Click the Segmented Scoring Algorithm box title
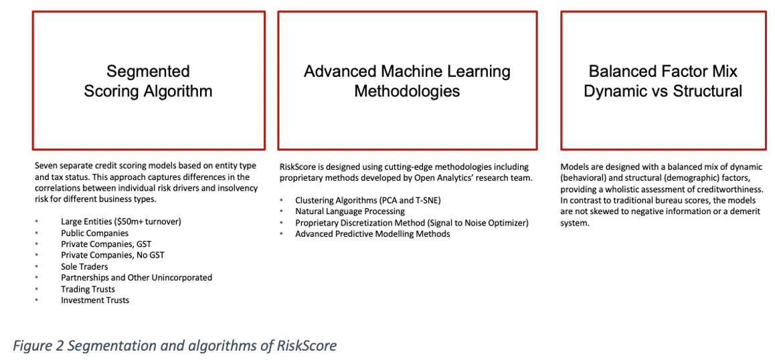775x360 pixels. click(x=149, y=81)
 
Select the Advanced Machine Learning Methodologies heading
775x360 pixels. click(x=408, y=81)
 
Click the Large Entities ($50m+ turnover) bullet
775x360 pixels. click(x=121, y=221)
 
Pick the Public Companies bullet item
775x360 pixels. click(x=95, y=233)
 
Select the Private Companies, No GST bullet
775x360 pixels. click(x=112, y=255)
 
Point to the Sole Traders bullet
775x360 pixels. click(x=84, y=266)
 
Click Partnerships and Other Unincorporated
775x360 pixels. click(x=137, y=278)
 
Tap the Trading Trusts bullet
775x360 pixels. click(x=88, y=289)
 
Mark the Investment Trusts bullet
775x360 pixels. click(x=95, y=300)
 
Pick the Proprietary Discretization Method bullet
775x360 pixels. click(x=412, y=223)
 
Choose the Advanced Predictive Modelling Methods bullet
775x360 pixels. click(x=373, y=234)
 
